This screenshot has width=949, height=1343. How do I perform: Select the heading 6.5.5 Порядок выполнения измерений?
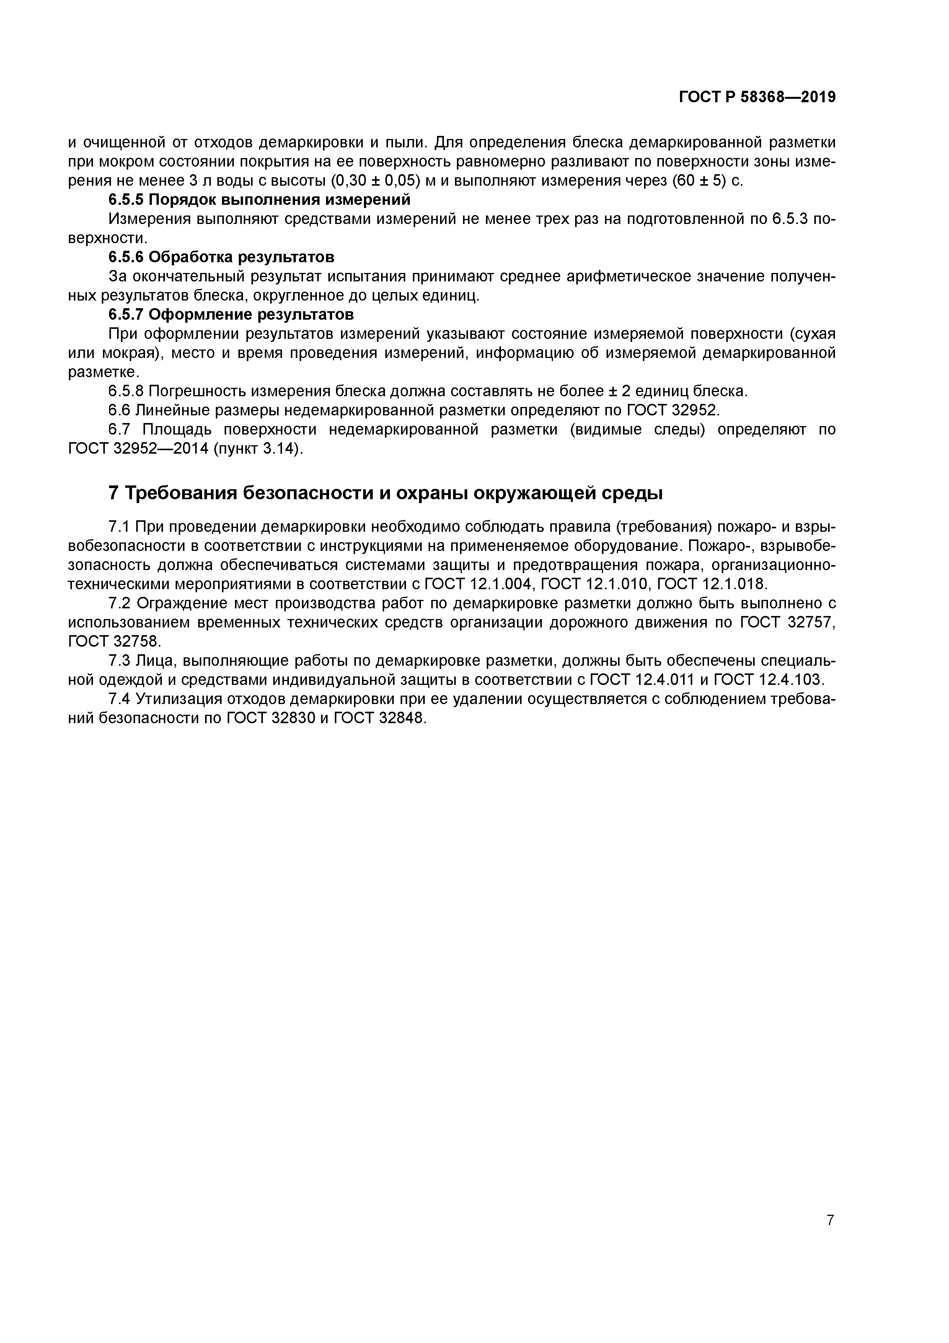(x=259, y=200)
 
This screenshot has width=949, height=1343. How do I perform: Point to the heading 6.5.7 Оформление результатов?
(x=231, y=315)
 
